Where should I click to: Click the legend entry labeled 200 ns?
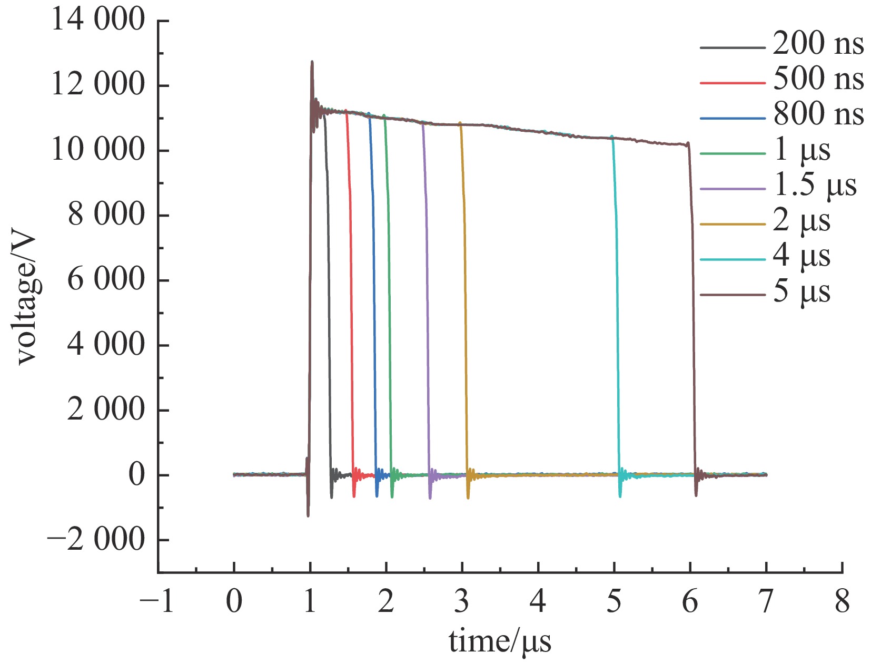[x=818, y=43]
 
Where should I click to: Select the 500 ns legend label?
[x=818, y=79]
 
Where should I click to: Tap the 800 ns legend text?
[x=818, y=114]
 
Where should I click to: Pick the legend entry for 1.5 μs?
[x=815, y=186]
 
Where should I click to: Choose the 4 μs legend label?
[x=801, y=257]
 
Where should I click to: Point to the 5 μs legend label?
[x=801, y=292]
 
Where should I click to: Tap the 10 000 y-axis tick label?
[x=98, y=150]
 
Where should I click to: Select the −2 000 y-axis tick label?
[x=95, y=540]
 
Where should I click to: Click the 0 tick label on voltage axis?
[x=136, y=475]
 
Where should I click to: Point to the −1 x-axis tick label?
[x=157, y=601]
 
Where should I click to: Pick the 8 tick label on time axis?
[x=842, y=601]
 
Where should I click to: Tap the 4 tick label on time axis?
[x=538, y=601]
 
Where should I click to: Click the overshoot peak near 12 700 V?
[x=312, y=62]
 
